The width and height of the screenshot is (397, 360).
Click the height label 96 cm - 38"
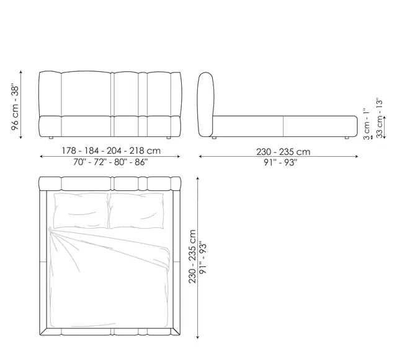pos(15,108)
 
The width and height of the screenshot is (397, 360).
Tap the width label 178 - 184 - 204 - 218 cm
pos(111,151)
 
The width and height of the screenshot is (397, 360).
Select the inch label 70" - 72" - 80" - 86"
pos(110,162)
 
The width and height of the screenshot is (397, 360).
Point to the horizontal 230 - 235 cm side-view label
pos(283,152)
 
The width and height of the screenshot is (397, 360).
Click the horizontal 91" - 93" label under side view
pos(280,162)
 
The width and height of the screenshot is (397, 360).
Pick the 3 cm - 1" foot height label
pos(367,124)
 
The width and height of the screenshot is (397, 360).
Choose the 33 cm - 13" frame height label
pos(379,118)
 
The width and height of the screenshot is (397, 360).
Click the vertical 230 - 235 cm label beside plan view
pos(192,257)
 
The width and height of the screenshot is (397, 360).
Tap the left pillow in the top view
pos(81,211)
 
